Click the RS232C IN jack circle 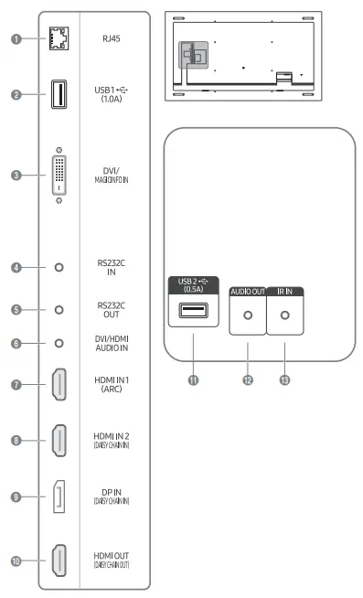[59, 268]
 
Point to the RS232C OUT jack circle [59, 309]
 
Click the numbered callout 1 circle [16, 39]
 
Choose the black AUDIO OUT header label [247, 291]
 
